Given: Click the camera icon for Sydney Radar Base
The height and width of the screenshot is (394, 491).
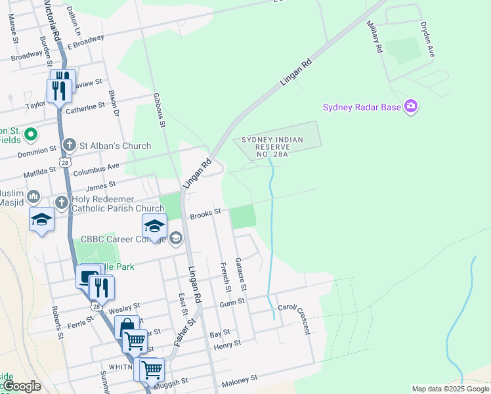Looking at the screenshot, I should (x=411, y=106).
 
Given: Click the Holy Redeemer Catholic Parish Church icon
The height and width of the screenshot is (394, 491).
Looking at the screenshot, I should (x=61, y=202).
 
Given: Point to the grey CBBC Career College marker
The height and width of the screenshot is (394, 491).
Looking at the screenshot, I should (x=175, y=238).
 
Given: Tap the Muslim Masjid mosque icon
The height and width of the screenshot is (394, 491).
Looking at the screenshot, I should (x=33, y=196).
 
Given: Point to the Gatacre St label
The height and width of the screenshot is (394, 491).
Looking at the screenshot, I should (x=241, y=274).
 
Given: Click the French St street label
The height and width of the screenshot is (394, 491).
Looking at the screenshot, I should (x=225, y=277).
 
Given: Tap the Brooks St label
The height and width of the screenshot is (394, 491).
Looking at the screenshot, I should (x=204, y=213).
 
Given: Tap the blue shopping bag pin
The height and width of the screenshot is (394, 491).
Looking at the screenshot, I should (x=126, y=326).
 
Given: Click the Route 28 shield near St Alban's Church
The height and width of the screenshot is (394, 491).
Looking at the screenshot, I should (x=64, y=162).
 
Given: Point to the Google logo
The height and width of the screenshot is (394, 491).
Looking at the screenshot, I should (x=21, y=386).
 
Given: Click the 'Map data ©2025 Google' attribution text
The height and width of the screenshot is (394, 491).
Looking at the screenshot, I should (x=450, y=389).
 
